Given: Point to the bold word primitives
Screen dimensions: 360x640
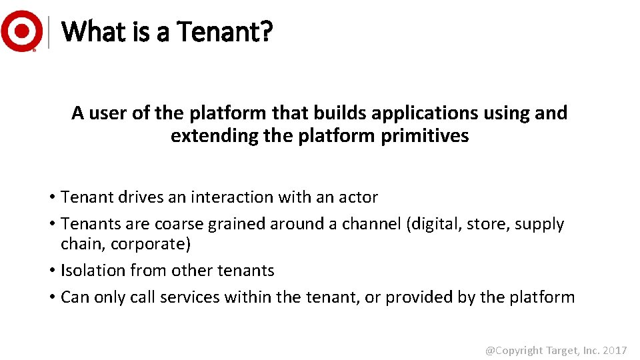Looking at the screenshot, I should point(425,136).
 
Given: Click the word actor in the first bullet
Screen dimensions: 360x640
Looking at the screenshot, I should point(359,197).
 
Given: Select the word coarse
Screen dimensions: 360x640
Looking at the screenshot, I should point(179,224).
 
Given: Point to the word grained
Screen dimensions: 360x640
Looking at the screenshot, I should point(236,224).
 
